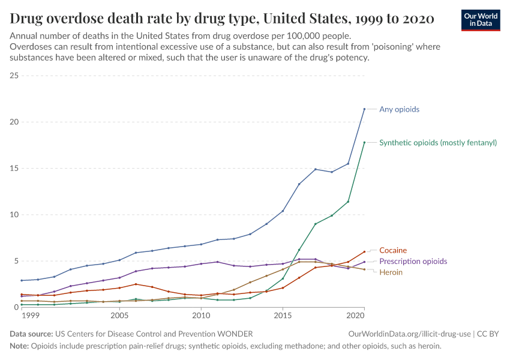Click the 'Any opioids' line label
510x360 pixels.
399,109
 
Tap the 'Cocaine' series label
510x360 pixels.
393,250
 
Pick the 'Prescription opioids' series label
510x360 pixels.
413,262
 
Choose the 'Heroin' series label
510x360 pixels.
391,272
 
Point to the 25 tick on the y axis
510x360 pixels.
14,76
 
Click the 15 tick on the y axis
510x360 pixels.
14,168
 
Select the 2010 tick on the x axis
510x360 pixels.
200,315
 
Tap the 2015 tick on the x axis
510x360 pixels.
282,315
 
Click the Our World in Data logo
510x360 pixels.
480,20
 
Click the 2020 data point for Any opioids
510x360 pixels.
364,109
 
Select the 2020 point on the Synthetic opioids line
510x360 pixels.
364,142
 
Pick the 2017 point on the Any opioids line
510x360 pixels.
316,169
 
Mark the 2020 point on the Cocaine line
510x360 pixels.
364,251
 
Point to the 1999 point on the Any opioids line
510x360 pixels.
22,280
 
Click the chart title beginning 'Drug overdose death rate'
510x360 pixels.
222,19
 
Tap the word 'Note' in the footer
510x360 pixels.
19,346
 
